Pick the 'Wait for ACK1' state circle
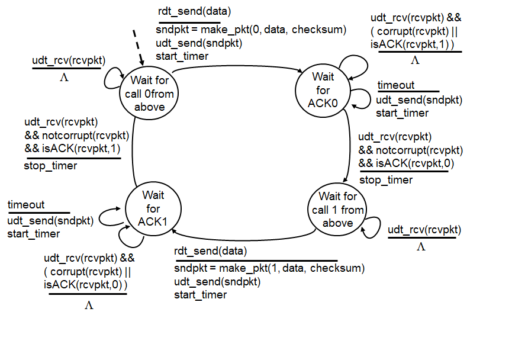tap(153, 209)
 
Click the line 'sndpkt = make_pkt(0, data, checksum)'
tap(251, 30)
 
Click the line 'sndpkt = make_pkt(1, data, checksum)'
tap(269, 268)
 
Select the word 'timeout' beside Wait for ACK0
tap(396, 85)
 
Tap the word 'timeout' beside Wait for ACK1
tap(26, 205)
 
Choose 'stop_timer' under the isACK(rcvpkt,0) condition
tap(386, 180)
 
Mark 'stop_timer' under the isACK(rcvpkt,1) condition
tap(50, 166)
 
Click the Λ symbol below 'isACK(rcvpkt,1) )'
tap(415, 60)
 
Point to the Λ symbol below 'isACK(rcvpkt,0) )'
tap(89, 306)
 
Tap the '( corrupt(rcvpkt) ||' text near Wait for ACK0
tap(412, 31)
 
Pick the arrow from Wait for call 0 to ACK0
tap(237, 68)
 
